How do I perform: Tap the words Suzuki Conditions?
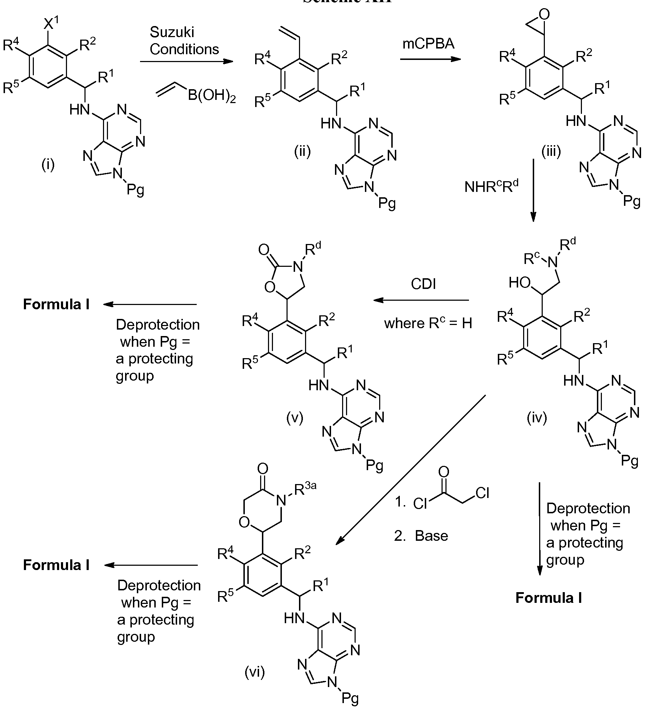(184, 41)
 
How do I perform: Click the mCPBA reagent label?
(428, 44)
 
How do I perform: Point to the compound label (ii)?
(302, 152)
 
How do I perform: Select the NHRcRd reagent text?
(491, 187)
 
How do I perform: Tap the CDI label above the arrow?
(423, 284)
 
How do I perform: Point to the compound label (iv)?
(537, 418)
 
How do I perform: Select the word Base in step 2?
(431, 536)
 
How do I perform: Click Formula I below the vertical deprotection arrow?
(548, 597)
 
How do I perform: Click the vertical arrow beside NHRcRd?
(533, 191)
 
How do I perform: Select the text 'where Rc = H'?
(428, 323)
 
